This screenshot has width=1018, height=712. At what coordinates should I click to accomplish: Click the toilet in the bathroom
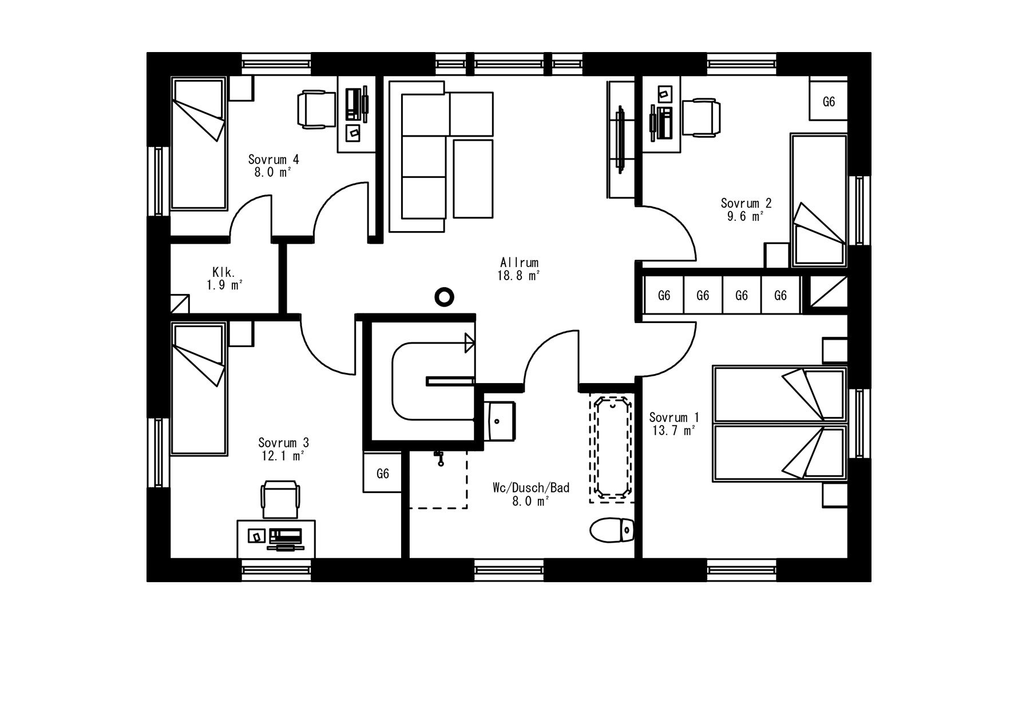point(612,530)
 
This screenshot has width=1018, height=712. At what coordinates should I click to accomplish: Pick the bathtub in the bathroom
point(612,448)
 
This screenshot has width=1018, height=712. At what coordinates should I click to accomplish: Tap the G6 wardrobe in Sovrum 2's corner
point(828,101)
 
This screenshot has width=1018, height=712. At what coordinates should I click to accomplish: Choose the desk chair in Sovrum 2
point(700,117)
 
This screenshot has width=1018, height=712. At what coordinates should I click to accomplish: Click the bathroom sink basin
point(499,420)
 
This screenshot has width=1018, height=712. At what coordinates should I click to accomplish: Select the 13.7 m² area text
point(674,431)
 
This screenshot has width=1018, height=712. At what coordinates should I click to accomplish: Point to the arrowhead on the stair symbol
point(470,343)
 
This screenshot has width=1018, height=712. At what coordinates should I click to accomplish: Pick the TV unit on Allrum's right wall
point(621,140)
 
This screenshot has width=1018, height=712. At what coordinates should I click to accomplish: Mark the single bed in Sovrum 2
point(819,201)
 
